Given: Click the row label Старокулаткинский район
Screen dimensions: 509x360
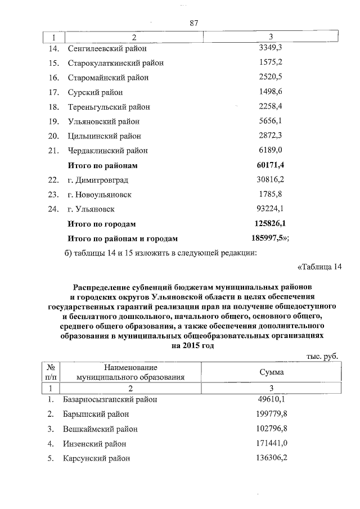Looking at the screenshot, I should (115, 63).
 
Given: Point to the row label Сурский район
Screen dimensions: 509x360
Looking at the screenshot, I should (95, 92).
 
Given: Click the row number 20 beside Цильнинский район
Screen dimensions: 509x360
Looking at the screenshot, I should (54, 136).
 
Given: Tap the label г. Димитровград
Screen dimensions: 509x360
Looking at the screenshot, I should (98, 180).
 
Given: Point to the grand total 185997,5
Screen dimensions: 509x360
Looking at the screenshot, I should (271, 238).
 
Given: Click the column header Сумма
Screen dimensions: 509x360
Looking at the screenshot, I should (271, 372).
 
